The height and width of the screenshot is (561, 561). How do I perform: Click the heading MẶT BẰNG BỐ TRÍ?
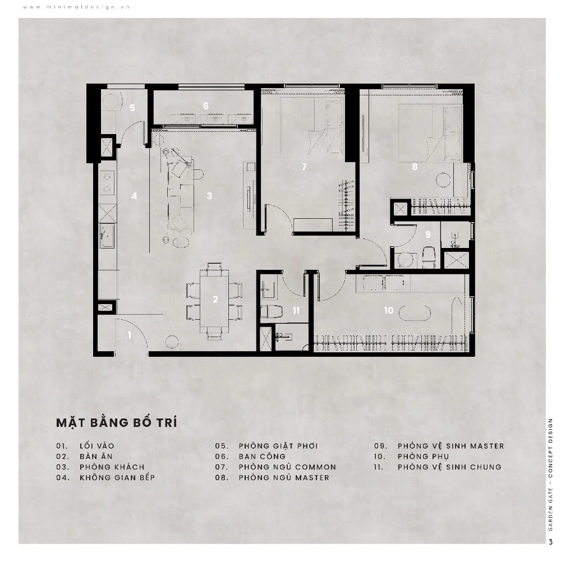click(117, 422)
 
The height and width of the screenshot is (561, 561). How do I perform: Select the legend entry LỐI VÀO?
click(97, 446)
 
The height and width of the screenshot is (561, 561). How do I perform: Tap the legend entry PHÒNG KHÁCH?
click(112, 467)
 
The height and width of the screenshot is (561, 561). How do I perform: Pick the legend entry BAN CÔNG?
click(262, 457)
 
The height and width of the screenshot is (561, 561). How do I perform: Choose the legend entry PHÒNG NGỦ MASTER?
click(284, 477)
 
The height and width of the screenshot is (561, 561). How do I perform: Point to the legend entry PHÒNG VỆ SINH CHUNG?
click(449, 467)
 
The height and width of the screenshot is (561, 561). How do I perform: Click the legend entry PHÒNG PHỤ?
click(423, 457)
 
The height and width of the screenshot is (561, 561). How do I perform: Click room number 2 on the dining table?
click(215, 299)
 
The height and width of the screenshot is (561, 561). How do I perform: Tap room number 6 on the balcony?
click(206, 105)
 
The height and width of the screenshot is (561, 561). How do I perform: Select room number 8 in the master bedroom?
click(415, 167)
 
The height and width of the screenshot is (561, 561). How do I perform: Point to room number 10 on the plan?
click(389, 310)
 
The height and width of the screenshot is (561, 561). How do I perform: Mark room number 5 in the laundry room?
click(132, 108)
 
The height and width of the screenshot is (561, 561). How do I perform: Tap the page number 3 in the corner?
click(551, 542)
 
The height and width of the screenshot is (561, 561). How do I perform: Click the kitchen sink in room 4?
click(107, 236)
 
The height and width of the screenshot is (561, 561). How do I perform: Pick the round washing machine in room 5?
click(110, 101)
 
